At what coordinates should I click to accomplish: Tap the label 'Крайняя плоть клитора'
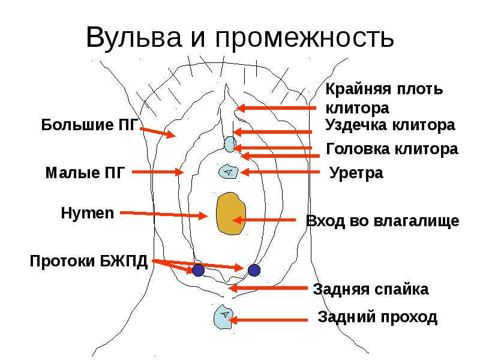click(x=384, y=99)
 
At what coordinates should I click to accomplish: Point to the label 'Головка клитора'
click(x=392, y=149)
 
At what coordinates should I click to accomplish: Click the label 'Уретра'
click(x=356, y=173)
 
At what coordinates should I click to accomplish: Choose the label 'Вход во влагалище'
click(x=382, y=221)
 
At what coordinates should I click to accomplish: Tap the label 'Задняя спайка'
click(x=370, y=290)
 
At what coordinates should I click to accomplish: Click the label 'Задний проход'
click(x=377, y=317)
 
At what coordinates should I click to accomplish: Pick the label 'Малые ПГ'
click(x=85, y=173)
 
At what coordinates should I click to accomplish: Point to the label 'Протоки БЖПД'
click(x=89, y=262)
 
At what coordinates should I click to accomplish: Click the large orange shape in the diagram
click(x=230, y=214)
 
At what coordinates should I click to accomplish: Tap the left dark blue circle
click(x=198, y=270)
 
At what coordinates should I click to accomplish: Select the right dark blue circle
click(x=254, y=270)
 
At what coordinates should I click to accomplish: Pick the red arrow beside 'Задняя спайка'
click(x=269, y=289)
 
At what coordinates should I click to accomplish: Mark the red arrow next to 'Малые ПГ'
click(x=157, y=172)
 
